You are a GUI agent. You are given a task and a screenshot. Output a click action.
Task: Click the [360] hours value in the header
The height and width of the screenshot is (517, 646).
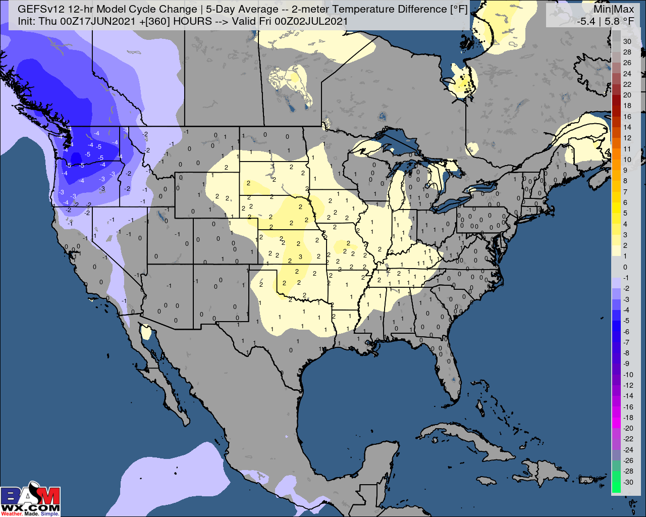pyautogui.click(x=153, y=21)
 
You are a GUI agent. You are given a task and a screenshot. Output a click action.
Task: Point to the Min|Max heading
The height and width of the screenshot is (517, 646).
pyautogui.click(x=613, y=9)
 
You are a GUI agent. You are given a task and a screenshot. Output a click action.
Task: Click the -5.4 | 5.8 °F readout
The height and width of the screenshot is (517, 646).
pyautogui.click(x=606, y=21)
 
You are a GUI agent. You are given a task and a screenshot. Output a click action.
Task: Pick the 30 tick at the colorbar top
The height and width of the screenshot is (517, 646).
pyautogui.click(x=627, y=41)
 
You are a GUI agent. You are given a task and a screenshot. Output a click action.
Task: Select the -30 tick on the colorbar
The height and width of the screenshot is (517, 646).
pyautogui.click(x=628, y=482)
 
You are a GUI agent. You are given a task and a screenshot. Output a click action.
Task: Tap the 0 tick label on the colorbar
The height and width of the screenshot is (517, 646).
pyautogui.click(x=625, y=267)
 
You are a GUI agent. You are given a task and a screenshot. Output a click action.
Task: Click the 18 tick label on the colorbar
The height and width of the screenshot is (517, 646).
pyautogui.click(x=627, y=106)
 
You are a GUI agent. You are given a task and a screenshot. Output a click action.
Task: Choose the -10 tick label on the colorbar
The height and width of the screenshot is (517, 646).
pyautogui.click(x=628, y=375)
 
